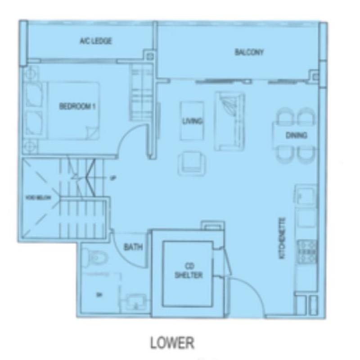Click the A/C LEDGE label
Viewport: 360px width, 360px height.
click(95, 41)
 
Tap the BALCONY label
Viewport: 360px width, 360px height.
click(249, 52)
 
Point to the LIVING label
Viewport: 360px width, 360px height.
click(192, 121)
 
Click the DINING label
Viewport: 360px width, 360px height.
click(296, 135)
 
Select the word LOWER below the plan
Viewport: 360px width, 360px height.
click(172, 343)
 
